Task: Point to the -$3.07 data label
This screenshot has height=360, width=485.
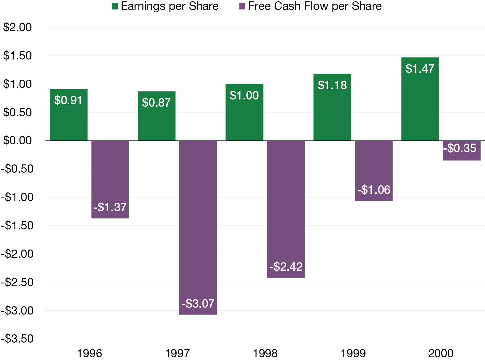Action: tap(198, 304)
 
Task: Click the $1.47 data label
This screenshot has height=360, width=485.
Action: tap(420, 69)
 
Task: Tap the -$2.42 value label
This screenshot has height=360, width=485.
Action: tap(286, 267)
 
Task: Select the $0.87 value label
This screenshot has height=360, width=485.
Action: tap(156, 103)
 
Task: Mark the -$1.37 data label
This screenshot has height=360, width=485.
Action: tap(110, 207)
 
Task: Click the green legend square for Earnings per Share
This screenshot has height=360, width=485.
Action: tap(115, 6)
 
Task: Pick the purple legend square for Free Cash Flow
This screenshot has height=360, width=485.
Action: tap(242, 6)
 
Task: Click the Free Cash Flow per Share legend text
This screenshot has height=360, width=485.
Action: tap(315, 6)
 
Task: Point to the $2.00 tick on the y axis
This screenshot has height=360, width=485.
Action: tap(17, 27)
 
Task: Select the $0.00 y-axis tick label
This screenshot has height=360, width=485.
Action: tap(17, 140)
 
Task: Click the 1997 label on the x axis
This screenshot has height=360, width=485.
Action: tap(177, 353)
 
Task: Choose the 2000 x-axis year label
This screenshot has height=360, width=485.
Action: tap(441, 353)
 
